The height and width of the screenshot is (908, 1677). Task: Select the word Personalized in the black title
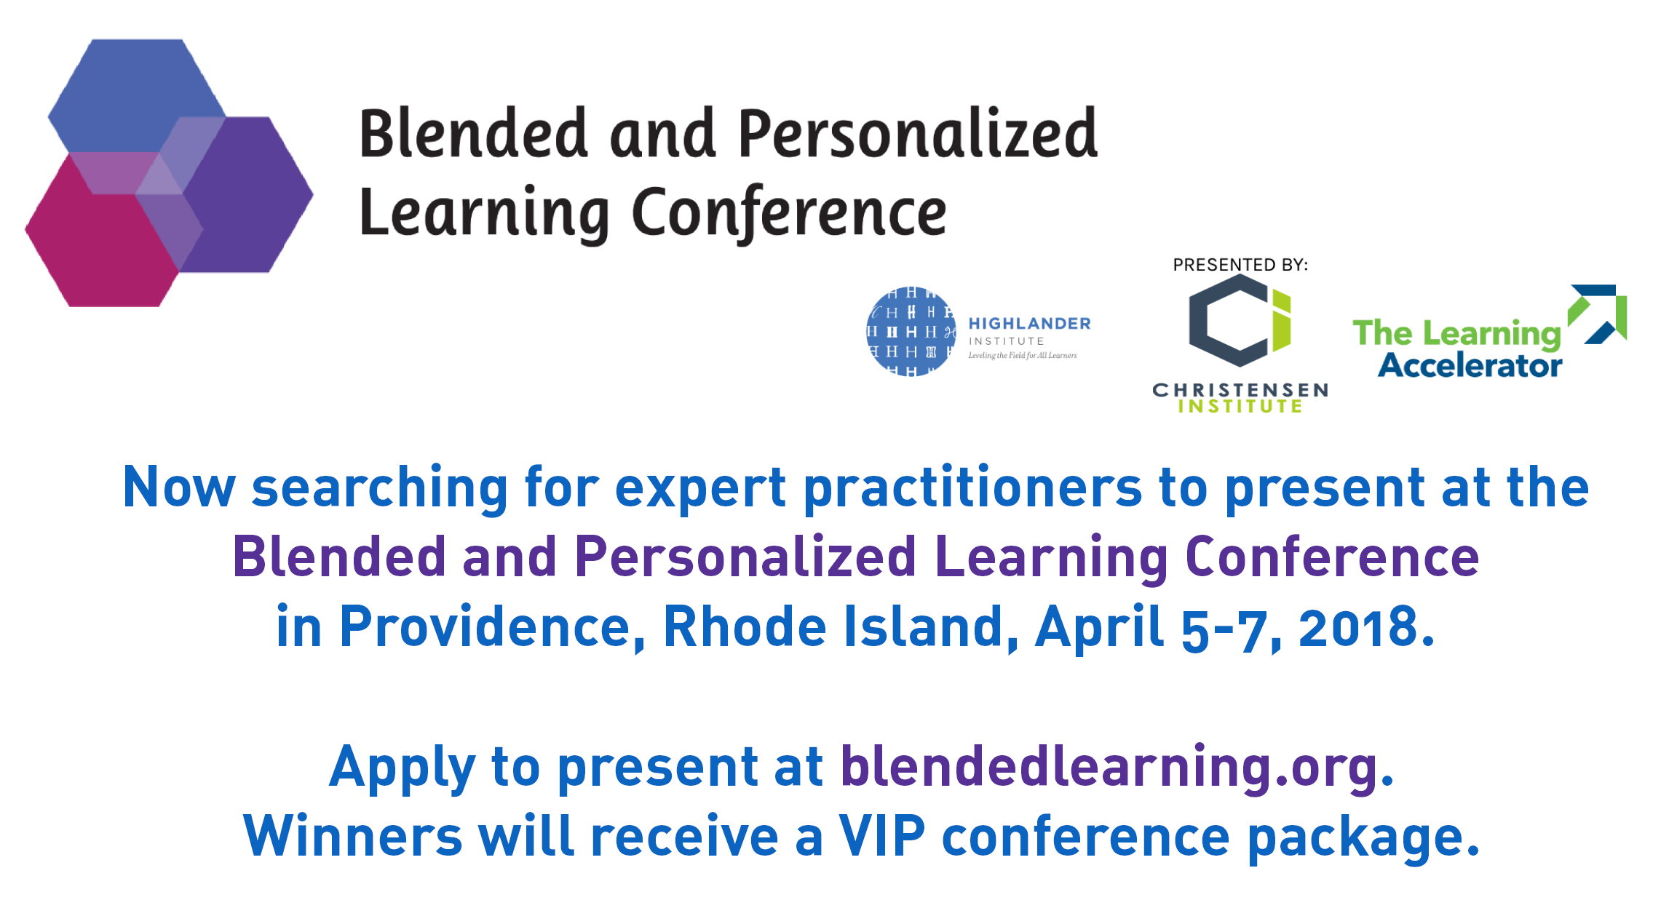tap(918, 135)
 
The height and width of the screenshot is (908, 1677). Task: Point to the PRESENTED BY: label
tap(1240, 265)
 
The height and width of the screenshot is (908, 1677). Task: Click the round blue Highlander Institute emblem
tap(911, 331)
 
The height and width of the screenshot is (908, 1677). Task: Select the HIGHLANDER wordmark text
tap(1029, 324)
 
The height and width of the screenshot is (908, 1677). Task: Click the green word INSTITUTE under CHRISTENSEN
tap(1240, 407)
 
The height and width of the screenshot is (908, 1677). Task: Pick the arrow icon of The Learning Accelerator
tap(1598, 314)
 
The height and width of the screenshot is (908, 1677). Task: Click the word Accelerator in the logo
tap(1470, 365)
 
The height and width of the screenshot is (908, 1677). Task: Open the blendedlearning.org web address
tap(1117, 767)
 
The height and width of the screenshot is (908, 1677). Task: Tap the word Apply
tap(403, 768)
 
